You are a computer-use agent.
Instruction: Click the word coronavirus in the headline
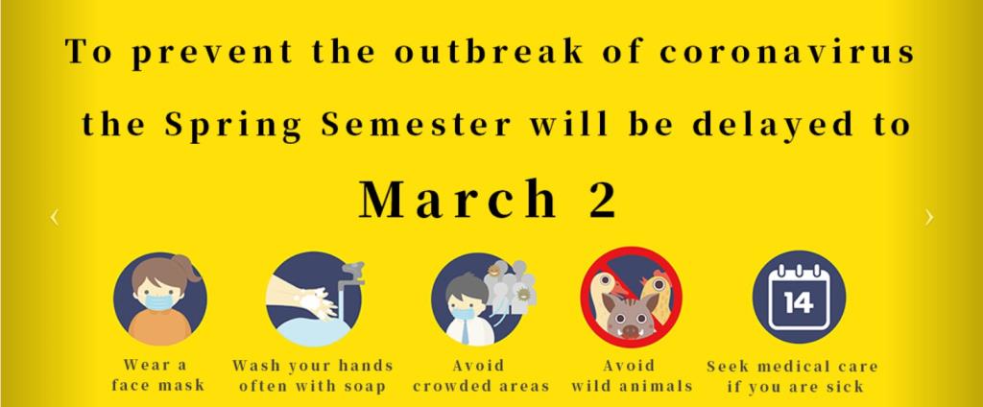coord(787,52)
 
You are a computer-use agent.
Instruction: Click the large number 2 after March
coord(603,199)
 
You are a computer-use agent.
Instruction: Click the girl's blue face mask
coord(159,302)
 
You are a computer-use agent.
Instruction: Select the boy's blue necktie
coord(466,331)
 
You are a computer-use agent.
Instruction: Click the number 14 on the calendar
coord(799,303)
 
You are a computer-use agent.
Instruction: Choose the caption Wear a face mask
coord(158,375)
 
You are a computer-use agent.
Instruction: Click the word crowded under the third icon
coord(453,386)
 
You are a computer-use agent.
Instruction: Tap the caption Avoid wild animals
coord(632,375)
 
